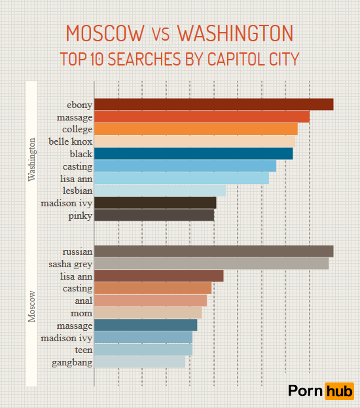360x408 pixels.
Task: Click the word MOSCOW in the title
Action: coord(105,33)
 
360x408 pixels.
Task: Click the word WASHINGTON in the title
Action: coord(235,33)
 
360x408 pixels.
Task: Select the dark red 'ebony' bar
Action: coord(213,105)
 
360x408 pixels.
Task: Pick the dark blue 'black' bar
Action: coord(193,154)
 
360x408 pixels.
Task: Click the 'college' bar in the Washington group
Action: coord(196,129)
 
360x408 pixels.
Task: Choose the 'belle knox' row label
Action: coord(71,141)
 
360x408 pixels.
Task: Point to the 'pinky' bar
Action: coord(154,215)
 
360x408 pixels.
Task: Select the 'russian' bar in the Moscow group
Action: coord(213,251)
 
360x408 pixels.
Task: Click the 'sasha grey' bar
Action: coord(211,264)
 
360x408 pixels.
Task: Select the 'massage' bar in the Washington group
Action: coord(202,117)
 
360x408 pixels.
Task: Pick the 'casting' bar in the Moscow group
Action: coord(153,288)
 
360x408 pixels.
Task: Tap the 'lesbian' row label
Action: coord(77,191)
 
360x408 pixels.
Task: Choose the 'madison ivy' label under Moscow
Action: coord(66,338)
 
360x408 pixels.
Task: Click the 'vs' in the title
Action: coord(161,34)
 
